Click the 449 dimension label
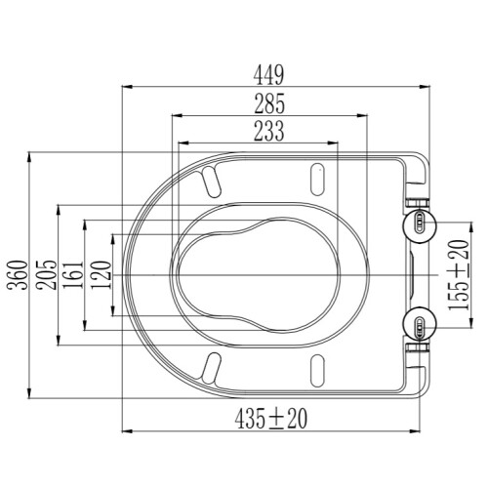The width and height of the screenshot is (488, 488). tap(268, 75)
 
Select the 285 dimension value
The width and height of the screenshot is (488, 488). tap(269, 103)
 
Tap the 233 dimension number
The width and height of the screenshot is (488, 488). tap(269, 131)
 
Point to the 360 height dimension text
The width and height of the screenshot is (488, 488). tap(19, 275)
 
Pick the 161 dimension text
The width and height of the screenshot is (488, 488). tap(73, 275)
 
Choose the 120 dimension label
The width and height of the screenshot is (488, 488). tap(102, 275)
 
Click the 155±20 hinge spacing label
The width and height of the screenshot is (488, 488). tap(459, 275)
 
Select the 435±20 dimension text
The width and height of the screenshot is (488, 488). tap(271, 419)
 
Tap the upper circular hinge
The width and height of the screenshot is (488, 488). tap(420, 226)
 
